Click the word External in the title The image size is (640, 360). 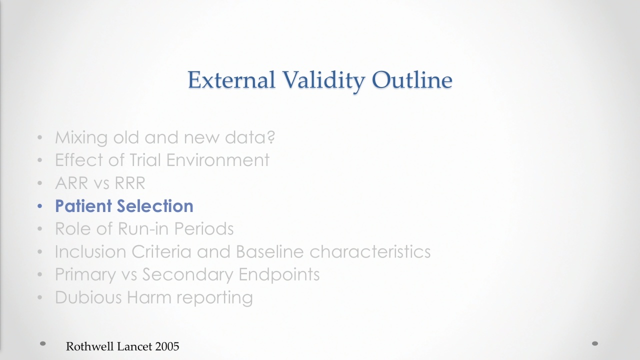pyautogui.click(x=231, y=79)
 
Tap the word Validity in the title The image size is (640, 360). pyautogui.click(x=323, y=81)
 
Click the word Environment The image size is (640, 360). pyautogui.click(x=217, y=160)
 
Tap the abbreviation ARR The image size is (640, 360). pyautogui.click(x=71, y=183)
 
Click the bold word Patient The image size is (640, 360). pyautogui.click(x=83, y=205)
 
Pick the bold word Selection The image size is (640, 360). pyautogui.click(x=155, y=205)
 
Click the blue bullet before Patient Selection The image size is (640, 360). pyautogui.click(x=39, y=206)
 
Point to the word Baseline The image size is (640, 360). pyautogui.click(x=269, y=251)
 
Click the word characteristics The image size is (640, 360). pyautogui.click(x=370, y=251)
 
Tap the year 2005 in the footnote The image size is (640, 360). pyautogui.click(x=167, y=346)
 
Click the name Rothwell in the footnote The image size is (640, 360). pyautogui.click(x=90, y=346)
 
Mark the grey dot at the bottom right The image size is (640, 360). pyautogui.click(x=595, y=343)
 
